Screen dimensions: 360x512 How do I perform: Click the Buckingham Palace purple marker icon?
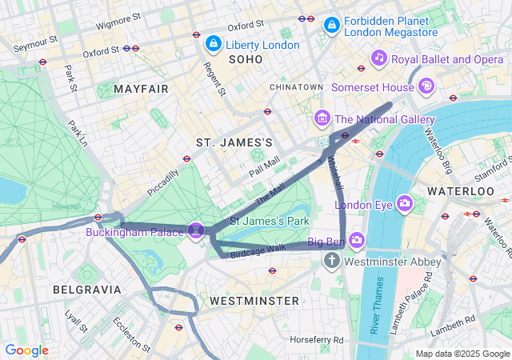tap(196, 231)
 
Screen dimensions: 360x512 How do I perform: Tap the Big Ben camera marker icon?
tap(356, 240)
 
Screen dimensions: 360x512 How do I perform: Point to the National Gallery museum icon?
tap(322, 119)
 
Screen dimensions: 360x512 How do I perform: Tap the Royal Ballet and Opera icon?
tap(379, 58)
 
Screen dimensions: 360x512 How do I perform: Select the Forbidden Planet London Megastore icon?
tap(330, 26)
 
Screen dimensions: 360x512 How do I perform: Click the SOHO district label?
tap(246, 60)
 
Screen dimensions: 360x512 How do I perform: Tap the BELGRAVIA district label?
tap(86, 289)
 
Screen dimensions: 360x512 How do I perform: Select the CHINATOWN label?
tap(296, 86)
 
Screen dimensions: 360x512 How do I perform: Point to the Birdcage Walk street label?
tap(258, 250)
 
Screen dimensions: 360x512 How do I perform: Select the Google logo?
tap(27, 350)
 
